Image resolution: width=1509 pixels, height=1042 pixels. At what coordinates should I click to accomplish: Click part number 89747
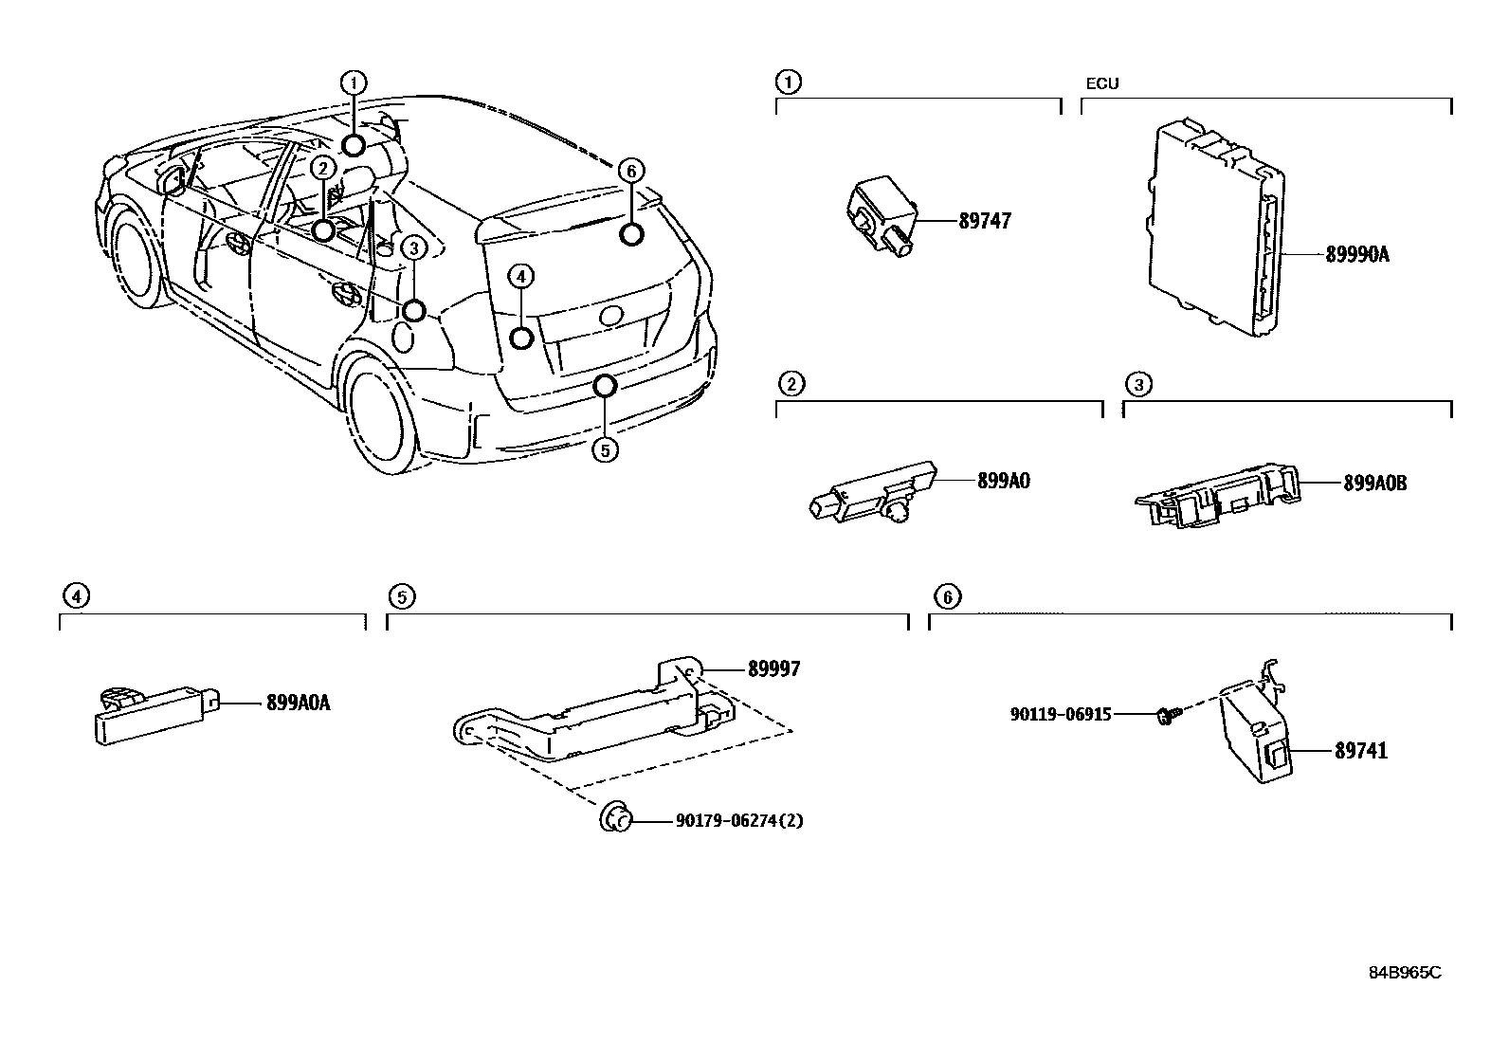click(x=985, y=221)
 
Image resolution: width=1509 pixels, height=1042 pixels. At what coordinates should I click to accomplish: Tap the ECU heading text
click(x=1101, y=83)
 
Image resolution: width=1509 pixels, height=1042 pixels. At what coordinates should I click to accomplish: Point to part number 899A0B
click(x=1374, y=483)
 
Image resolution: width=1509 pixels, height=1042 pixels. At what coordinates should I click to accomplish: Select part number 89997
click(x=773, y=669)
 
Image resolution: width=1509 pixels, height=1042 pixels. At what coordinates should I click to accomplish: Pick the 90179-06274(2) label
click(x=738, y=821)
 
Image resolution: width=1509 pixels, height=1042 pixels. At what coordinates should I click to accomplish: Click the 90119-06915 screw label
click(x=1061, y=714)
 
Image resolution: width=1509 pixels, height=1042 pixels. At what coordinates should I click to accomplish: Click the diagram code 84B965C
click(x=1404, y=973)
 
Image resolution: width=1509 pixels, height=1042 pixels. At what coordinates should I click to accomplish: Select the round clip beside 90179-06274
click(x=614, y=817)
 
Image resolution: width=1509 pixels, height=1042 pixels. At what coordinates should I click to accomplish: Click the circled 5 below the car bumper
click(x=604, y=448)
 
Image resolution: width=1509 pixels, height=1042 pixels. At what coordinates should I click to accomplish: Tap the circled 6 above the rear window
click(x=631, y=171)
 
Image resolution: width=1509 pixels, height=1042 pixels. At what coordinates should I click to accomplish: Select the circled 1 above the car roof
click(x=354, y=82)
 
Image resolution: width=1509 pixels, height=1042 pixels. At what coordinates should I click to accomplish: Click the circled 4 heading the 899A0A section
click(x=75, y=596)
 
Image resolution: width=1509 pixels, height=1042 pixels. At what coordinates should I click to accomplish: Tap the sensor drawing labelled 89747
click(x=881, y=216)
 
